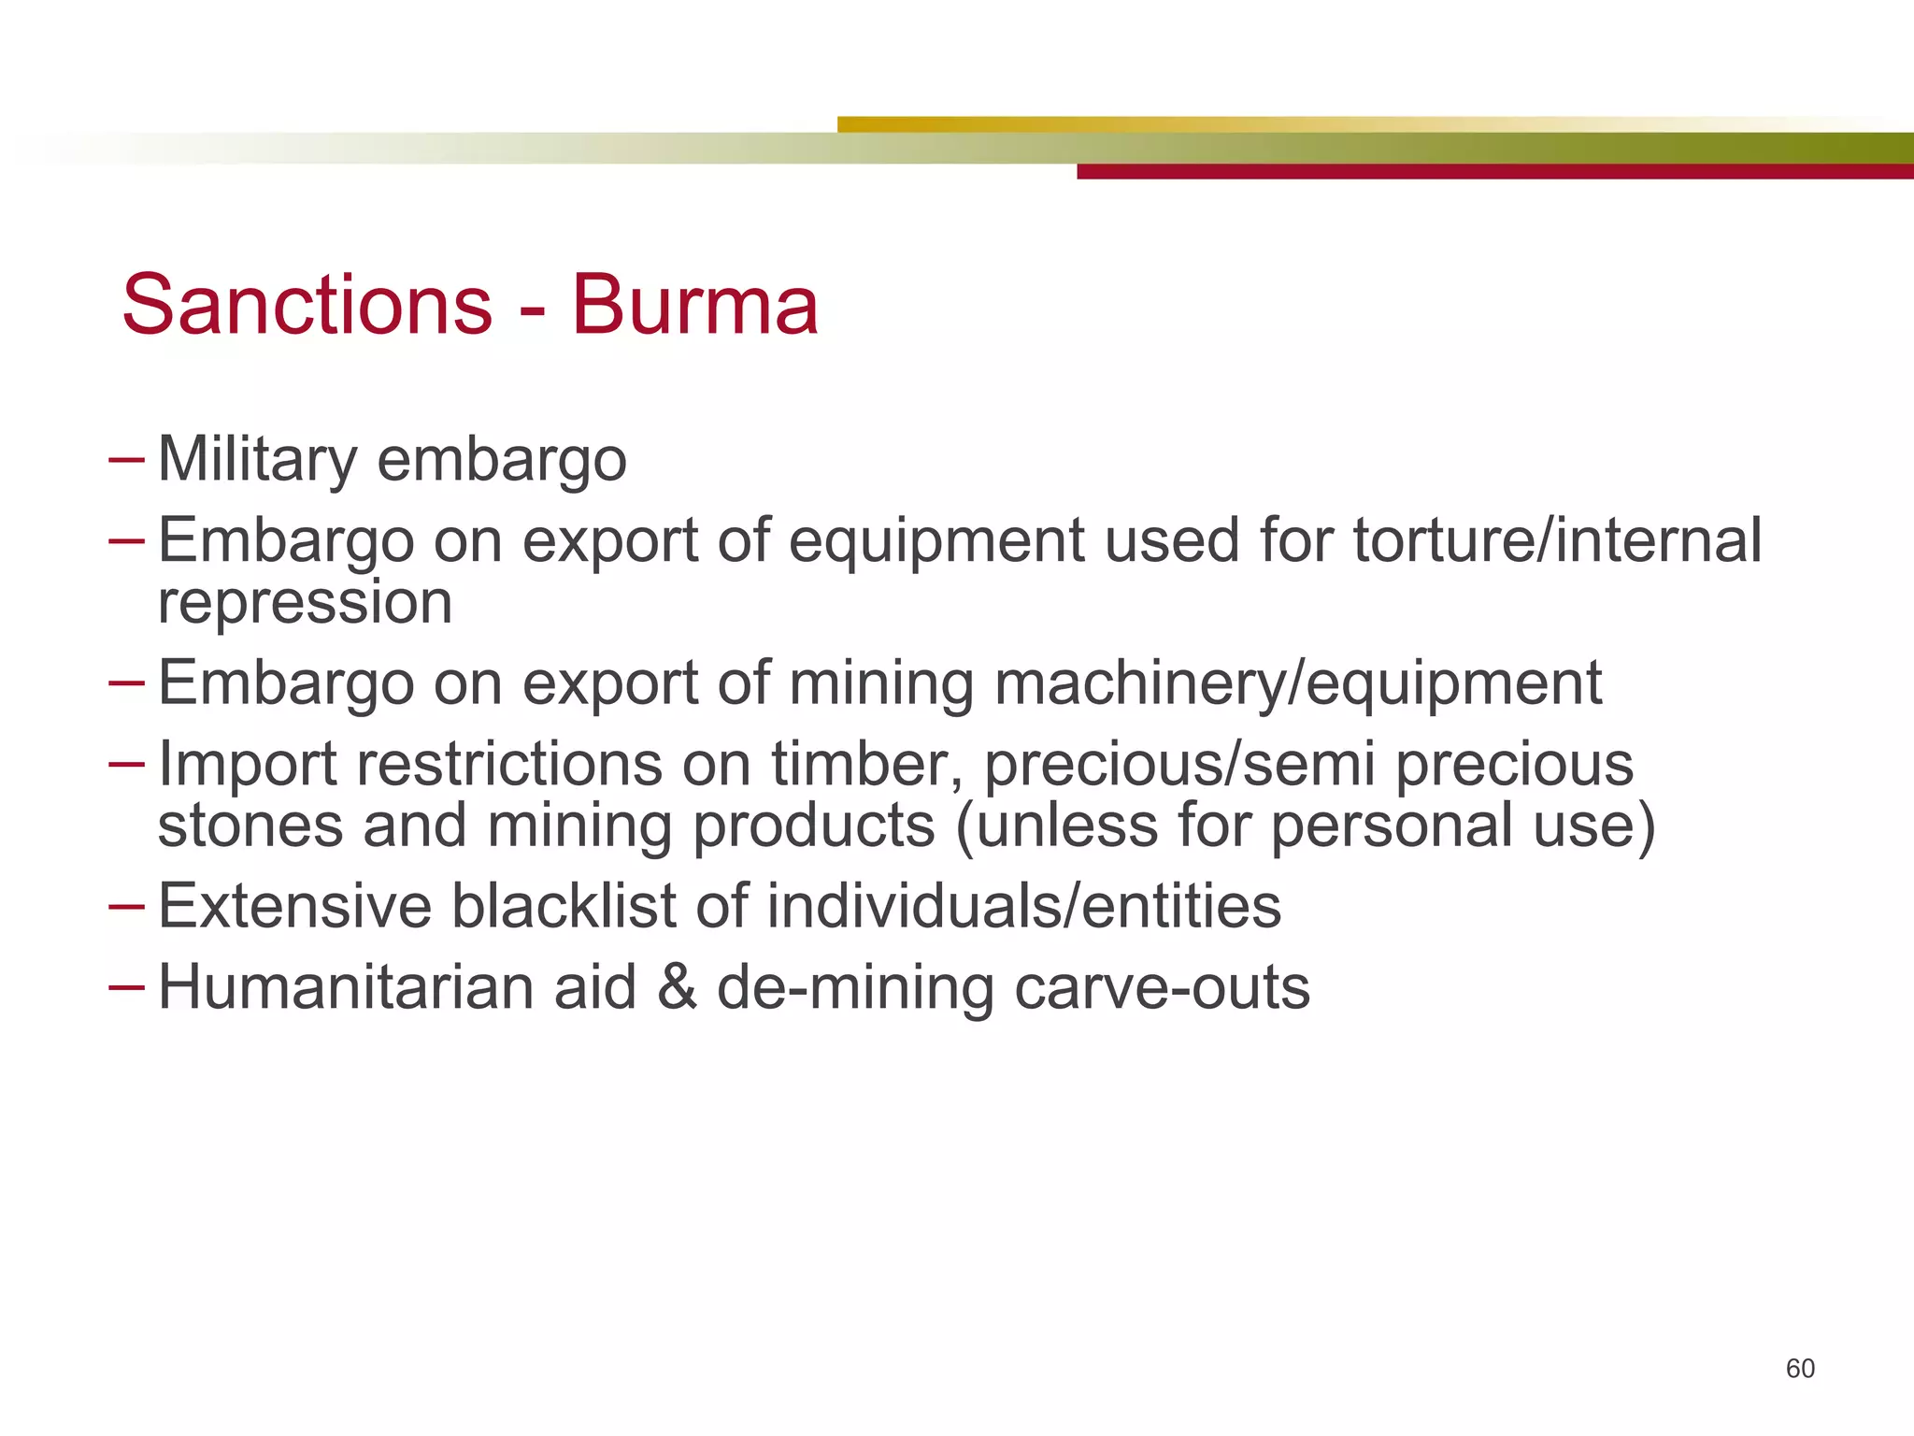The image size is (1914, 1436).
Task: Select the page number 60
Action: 1799,1369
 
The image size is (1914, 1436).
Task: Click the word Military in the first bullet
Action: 258,460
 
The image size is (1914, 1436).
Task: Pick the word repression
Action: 305,602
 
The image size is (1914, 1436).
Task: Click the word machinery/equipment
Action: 1298,683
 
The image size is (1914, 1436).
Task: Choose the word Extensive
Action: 294,906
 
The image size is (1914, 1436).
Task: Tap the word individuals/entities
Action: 1024,906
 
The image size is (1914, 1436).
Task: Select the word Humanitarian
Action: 346,987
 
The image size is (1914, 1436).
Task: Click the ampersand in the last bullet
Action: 677,987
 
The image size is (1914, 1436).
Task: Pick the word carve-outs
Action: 1162,989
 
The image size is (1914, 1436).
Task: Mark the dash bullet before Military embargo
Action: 126,460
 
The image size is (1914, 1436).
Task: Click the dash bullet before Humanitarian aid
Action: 126,987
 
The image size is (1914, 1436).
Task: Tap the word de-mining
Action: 855,989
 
